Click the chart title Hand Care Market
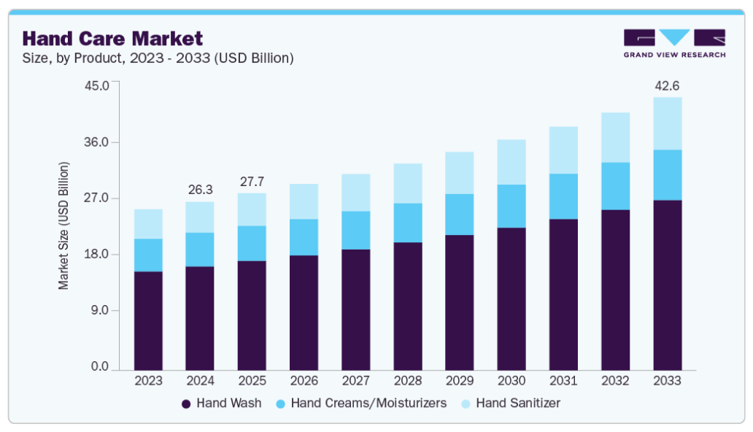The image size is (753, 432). click(x=113, y=38)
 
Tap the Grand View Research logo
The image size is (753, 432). click(x=674, y=44)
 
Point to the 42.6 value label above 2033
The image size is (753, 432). click(x=667, y=86)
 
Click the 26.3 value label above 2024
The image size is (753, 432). click(x=200, y=190)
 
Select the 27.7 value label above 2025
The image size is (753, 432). click(x=252, y=182)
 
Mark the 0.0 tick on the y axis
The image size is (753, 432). click(x=98, y=367)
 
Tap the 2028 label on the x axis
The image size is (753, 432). click(x=407, y=381)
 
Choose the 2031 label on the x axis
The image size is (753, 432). click(x=563, y=381)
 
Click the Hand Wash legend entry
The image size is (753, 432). click(x=221, y=403)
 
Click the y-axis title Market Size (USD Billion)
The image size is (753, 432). click(x=64, y=226)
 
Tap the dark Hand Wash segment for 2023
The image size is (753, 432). click(x=148, y=320)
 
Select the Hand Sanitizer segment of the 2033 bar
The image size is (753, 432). click(x=667, y=123)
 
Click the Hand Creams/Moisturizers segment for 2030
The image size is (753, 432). click(x=511, y=206)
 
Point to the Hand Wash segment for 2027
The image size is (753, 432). click(x=355, y=309)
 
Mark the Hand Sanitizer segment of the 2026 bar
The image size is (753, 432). click(x=304, y=201)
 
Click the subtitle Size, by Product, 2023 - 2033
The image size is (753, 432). click(x=158, y=58)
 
